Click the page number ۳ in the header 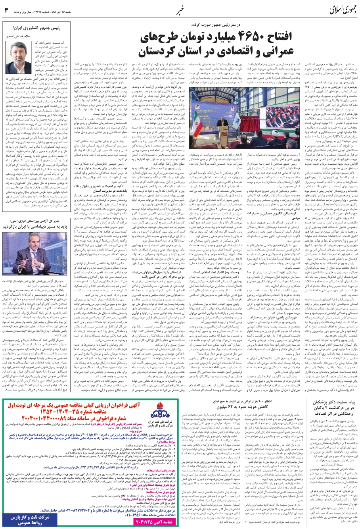(x=6, y=9)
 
